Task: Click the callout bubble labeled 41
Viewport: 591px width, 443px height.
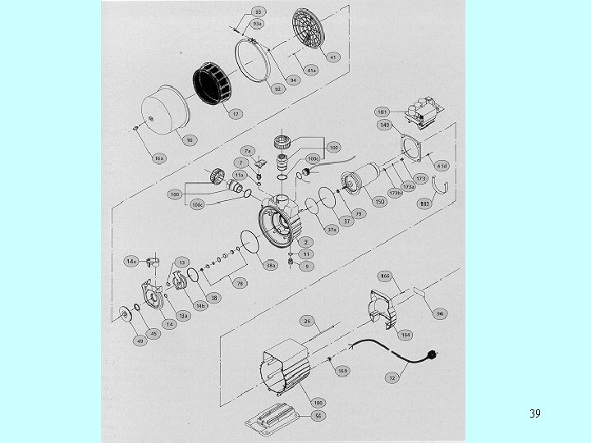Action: tap(334, 57)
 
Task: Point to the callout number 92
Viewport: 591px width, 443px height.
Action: tap(278, 89)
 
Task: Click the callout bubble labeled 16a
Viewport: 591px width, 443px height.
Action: tap(159, 157)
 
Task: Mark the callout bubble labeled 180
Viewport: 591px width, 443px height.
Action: tap(317, 403)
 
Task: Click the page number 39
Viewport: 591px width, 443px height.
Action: tap(534, 413)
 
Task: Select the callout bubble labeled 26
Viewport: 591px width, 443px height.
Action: tap(308, 321)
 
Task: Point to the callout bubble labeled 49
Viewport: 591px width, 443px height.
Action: tap(140, 340)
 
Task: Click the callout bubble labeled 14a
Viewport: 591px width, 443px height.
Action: tap(131, 260)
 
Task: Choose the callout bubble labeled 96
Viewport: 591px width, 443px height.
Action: tap(440, 313)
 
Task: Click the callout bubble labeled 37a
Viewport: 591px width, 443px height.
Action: tap(332, 229)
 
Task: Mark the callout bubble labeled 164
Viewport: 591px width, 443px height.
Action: tap(405, 335)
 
